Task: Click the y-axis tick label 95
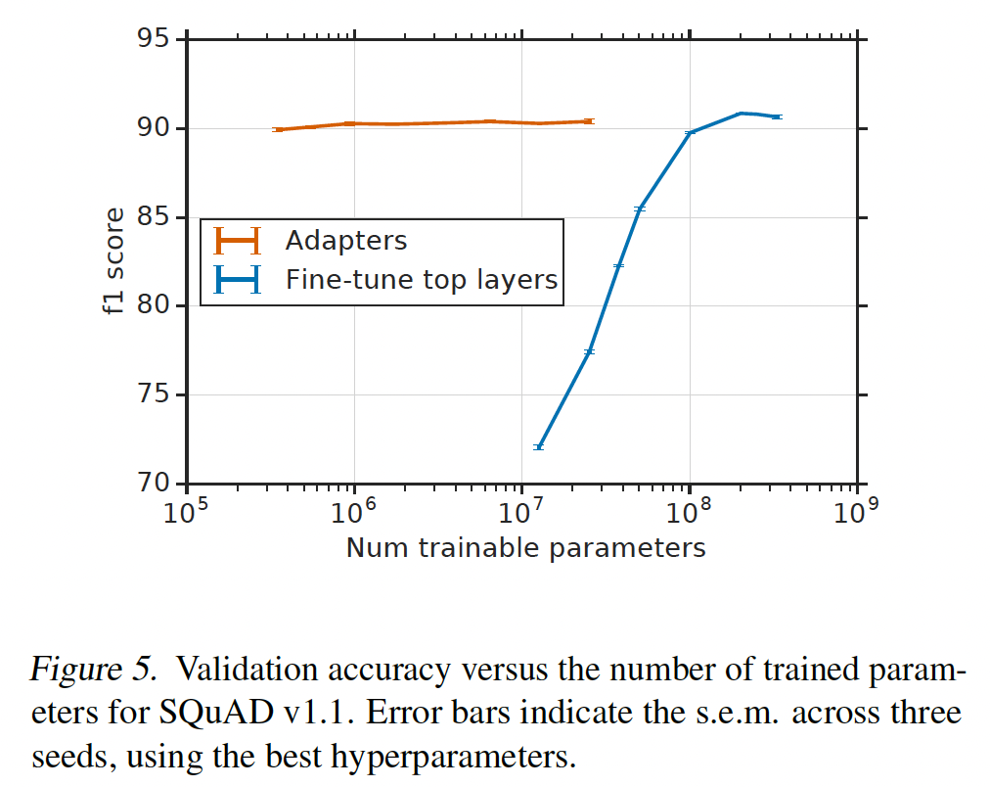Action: pyautogui.click(x=155, y=40)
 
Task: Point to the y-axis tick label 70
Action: pyautogui.click(x=155, y=484)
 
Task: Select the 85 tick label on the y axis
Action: pyautogui.click(x=155, y=217)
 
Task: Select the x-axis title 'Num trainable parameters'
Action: pyautogui.click(x=525, y=547)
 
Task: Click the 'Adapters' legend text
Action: pyautogui.click(x=345, y=241)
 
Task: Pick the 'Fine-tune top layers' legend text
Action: pyautogui.click(x=421, y=280)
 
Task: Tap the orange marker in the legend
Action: pyautogui.click(x=238, y=241)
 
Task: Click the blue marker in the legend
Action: pyautogui.click(x=238, y=281)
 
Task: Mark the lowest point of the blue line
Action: pyautogui.click(x=538, y=446)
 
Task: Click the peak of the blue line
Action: pyautogui.click(x=741, y=113)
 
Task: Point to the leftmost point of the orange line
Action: pyautogui.click(x=278, y=129)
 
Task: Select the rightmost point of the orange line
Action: pyautogui.click(x=588, y=121)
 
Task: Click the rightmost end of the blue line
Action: pyautogui.click(x=776, y=116)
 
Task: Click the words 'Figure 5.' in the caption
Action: pyautogui.click(x=92, y=670)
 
